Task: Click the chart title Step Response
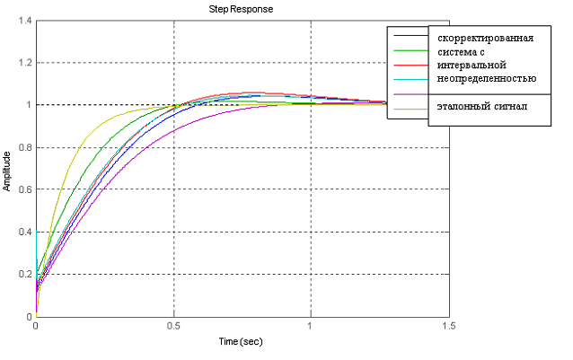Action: [x=241, y=9]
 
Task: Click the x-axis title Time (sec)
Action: [x=241, y=342]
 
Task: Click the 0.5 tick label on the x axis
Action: [x=172, y=326]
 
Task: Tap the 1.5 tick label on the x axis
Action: [x=446, y=326]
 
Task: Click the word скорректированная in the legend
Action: [x=485, y=39]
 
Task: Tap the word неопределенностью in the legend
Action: [x=487, y=79]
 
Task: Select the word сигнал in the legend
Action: [x=509, y=107]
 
